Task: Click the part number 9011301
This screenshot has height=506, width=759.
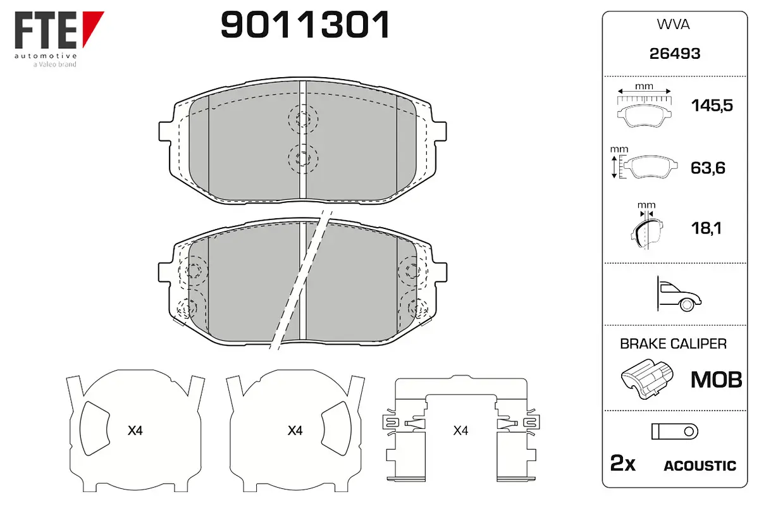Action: [305, 25]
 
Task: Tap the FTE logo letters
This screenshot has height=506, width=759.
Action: [46, 30]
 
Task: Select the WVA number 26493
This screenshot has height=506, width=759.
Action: [675, 54]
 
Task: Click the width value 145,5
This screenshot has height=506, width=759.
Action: [712, 106]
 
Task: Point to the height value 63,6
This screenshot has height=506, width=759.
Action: [708, 168]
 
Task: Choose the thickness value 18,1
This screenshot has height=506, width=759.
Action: [707, 228]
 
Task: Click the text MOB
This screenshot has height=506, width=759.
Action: [716, 379]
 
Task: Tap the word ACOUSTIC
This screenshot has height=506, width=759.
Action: [700, 466]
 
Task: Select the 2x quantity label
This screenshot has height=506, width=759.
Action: [623, 463]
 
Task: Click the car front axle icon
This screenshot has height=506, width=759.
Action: [679, 293]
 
